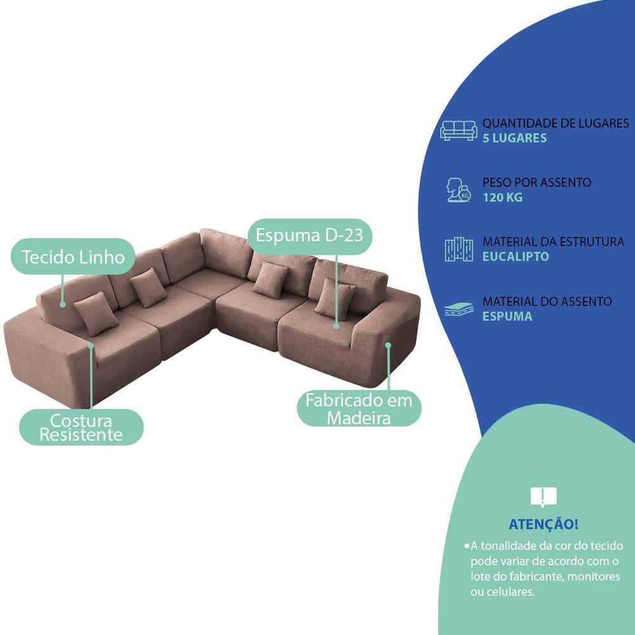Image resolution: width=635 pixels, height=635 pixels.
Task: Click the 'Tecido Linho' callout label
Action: pyautogui.click(x=74, y=257)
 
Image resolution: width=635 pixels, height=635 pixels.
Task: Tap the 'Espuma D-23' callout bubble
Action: pyautogui.click(x=309, y=236)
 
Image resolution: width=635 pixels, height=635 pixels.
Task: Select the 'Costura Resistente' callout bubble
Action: pyautogui.click(x=81, y=427)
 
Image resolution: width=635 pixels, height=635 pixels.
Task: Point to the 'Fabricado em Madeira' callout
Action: pyautogui.click(x=359, y=409)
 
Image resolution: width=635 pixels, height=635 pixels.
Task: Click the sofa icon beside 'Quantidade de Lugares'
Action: pyautogui.click(x=459, y=130)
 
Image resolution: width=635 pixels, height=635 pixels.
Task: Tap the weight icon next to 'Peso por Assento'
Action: pyautogui.click(x=459, y=190)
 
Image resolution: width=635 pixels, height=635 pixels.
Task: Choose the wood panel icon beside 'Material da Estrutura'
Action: pyautogui.click(x=459, y=250)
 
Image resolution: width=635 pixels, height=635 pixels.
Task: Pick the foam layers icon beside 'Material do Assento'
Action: pyautogui.click(x=459, y=309)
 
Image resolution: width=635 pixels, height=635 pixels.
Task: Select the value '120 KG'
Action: pyautogui.click(x=502, y=197)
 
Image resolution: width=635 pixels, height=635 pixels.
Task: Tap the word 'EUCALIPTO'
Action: pyautogui.click(x=516, y=257)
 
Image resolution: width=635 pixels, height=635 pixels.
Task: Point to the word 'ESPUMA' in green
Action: pyautogui.click(x=507, y=316)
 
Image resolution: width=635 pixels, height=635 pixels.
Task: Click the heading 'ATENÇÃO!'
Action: pyautogui.click(x=544, y=525)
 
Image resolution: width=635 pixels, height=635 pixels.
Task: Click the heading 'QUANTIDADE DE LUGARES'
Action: pyautogui.click(x=556, y=123)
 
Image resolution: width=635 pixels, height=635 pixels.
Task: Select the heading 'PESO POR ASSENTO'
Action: pyautogui.click(x=537, y=183)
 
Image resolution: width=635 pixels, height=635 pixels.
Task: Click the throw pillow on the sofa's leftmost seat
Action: pyautogui.click(x=96, y=312)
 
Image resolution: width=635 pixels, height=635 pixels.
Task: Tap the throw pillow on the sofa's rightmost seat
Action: pyautogui.click(x=335, y=298)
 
